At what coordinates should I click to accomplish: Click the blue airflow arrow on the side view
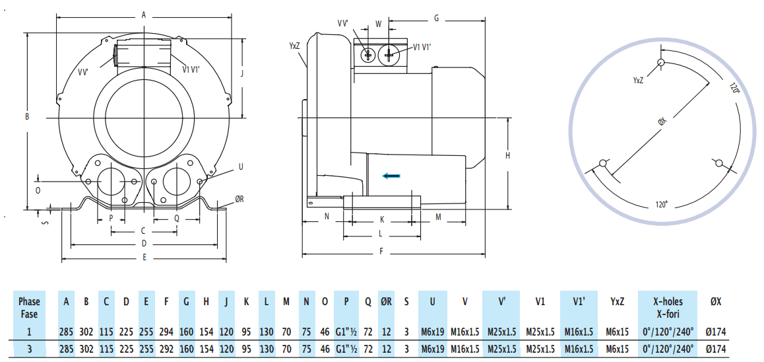pyautogui.click(x=391, y=175)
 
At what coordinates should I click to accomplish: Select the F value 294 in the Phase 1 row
pyautogui.click(x=166, y=331)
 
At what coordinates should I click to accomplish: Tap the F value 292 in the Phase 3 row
pyautogui.click(x=166, y=348)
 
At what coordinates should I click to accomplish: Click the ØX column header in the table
pyautogui.click(x=716, y=302)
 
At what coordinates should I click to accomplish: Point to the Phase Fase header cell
pyautogui.click(x=29, y=308)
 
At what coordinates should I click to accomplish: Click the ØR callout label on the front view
pyautogui.click(x=239, y=199)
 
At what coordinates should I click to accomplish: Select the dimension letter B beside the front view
pyautogui.click(x=27, y=117)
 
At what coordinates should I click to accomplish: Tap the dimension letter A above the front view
pyautogui.click(x=144, y=15)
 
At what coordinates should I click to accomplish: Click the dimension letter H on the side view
pyautogui.click(x=507, y=155)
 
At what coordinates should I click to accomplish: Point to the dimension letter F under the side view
pyautogui.click(x=381, y=251)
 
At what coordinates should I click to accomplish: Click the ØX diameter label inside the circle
pyautogui.click(x=662, y=122)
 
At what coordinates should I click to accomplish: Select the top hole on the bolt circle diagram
pyautogui.click(x=661, y=63)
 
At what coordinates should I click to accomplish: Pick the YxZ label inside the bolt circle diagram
pyautogui.click(x=638, y=80)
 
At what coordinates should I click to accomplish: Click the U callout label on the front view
pyautogui.click(x=240, y=167)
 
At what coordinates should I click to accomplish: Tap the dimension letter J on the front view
pyautogui.click(x=243, y=73)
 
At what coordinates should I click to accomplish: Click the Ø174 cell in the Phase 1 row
pyautogui.click(x=716, y=331)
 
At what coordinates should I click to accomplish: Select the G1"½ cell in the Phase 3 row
pyautogui.click(x=346, y=348)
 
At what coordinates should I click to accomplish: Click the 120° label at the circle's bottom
pyautogui.click(x=662, y=205)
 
